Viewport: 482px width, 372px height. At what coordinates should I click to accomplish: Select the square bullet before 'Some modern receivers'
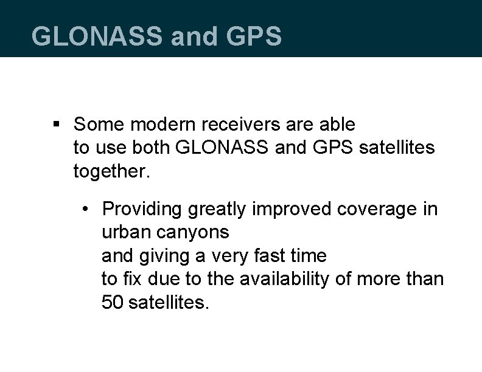(56, 125)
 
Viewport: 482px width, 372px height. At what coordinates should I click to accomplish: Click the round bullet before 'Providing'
(88, 209)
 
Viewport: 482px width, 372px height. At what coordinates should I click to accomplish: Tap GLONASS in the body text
(216, 148)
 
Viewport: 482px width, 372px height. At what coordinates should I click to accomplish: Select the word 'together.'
(111, 171)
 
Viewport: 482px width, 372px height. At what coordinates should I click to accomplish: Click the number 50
(112, 303)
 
